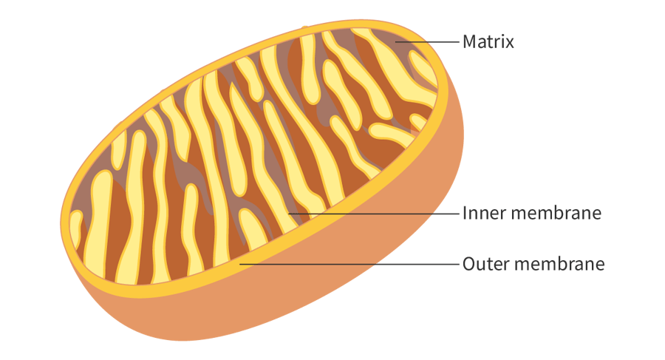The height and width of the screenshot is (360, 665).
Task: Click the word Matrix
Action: pos(488,41)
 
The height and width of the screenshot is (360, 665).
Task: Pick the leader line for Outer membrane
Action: pos(347,263)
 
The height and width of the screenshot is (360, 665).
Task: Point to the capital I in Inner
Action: pos(465,214)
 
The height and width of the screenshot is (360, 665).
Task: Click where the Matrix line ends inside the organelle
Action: pos(398,42)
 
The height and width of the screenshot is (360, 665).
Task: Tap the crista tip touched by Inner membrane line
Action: pos(290,214)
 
